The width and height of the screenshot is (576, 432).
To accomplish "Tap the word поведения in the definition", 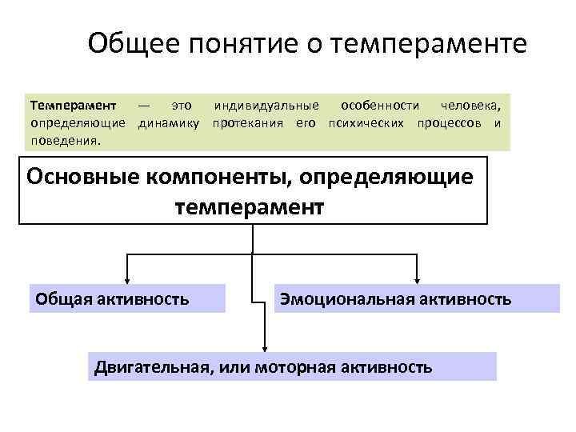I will [x=64, y=139].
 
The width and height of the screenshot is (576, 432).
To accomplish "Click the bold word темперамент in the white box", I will [x=250, y=207].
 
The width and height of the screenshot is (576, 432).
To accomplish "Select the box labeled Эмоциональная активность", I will [x=417, y=299].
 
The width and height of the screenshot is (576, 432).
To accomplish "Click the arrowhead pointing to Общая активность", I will [x=127, y=278].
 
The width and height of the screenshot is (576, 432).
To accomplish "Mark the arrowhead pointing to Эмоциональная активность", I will [x=417, y=278].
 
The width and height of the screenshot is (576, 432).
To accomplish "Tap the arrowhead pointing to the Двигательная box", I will [x=265, y=346].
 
